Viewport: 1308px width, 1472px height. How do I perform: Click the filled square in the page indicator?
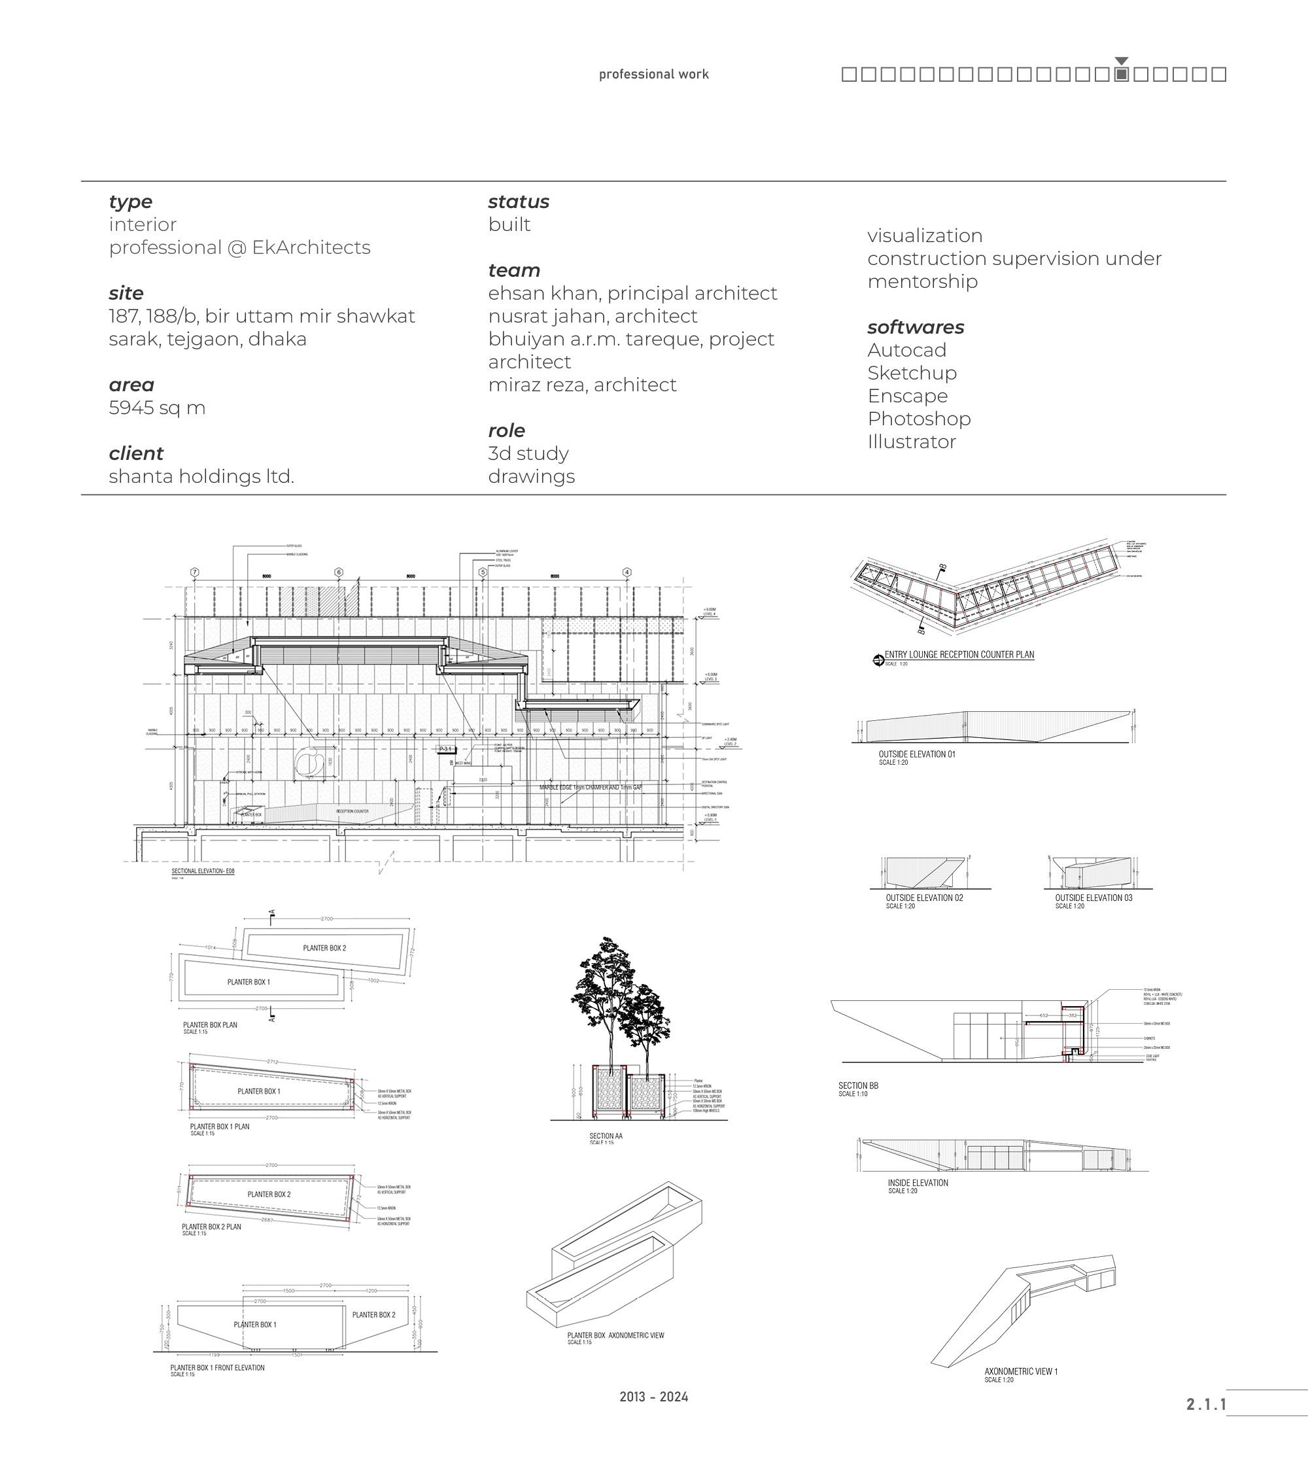coord(1121,74)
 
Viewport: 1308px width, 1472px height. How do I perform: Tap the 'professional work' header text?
coord(653,74)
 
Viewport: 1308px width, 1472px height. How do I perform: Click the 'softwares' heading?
coord(915,327)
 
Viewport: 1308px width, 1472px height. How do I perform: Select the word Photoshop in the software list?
coord(919,419)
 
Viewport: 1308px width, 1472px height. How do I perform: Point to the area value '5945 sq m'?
coord(157,408)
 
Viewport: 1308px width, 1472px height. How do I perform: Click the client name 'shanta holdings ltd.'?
coord(201,476)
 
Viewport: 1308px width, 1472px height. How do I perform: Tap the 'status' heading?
coord(519,202)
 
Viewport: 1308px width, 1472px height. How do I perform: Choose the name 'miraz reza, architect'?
coord(581,385)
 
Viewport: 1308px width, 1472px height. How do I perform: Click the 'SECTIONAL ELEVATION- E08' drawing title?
coord(203,871)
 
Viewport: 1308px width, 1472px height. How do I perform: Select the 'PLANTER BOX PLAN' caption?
coord(210,1025)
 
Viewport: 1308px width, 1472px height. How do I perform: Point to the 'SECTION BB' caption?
coord(858,1085)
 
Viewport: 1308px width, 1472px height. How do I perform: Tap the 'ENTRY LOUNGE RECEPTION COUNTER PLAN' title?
coord(959,655)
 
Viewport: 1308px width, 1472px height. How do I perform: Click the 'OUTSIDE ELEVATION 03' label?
coord(1093,898)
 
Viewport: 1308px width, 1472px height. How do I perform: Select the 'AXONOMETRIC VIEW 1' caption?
coord(1021,1371)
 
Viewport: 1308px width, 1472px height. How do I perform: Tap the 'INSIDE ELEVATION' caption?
coord(918,1182)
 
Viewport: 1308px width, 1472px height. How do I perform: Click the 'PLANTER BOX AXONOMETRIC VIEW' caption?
coord(615,1335)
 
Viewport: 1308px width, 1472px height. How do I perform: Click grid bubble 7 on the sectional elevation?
coord(194,572)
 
